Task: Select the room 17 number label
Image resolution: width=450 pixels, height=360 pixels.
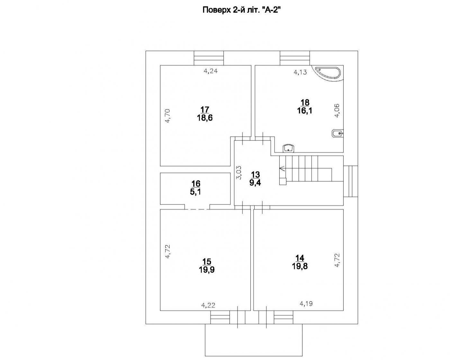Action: (x=205, y=110)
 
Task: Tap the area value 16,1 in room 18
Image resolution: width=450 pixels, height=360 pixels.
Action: (x=305, y=111)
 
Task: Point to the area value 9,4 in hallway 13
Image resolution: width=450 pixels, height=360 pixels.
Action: (x=256, y=183)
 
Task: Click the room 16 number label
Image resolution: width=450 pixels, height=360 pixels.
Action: (x=196, y=184)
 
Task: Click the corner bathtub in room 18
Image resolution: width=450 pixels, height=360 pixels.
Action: (x=330, y=73)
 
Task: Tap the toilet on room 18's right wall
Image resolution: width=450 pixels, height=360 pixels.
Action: (x=337, y=133)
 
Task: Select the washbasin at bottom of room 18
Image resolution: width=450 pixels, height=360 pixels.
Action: (x=289, y=148)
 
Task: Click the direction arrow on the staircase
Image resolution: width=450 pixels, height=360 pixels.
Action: (x=282, y=167)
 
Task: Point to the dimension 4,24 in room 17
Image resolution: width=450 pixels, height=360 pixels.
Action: (x=211, y=71)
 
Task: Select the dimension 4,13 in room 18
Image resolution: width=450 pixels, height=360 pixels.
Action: (x=300, y=72)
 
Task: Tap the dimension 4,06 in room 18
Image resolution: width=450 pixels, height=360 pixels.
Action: (x=337, y=111)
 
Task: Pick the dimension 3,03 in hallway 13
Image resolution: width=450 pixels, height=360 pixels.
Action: (x=239, y=173)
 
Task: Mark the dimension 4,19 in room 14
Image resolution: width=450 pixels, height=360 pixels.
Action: (x=306, y=303)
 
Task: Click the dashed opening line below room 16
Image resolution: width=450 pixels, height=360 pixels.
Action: (x=197, y=209)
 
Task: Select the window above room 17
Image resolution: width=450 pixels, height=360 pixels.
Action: (x=209, y=58)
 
